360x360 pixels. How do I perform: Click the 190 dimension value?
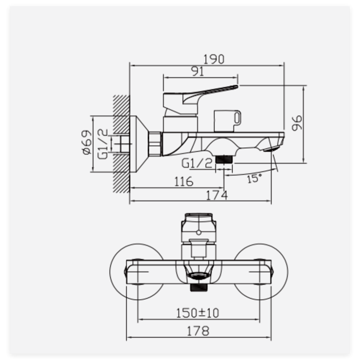(213, 59)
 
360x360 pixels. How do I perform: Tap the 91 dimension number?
(198, 72)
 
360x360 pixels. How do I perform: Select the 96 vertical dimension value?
(297, 123)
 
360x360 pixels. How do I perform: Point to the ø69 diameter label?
(86, 142)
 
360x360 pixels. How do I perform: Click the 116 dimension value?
(184, 182)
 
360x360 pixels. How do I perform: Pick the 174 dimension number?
(217, 196)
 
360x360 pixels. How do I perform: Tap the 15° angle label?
(254, 178)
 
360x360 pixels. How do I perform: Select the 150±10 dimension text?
(198, 313)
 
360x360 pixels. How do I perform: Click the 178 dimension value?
(198, 331)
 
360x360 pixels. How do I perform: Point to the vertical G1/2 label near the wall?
(103, 144)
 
